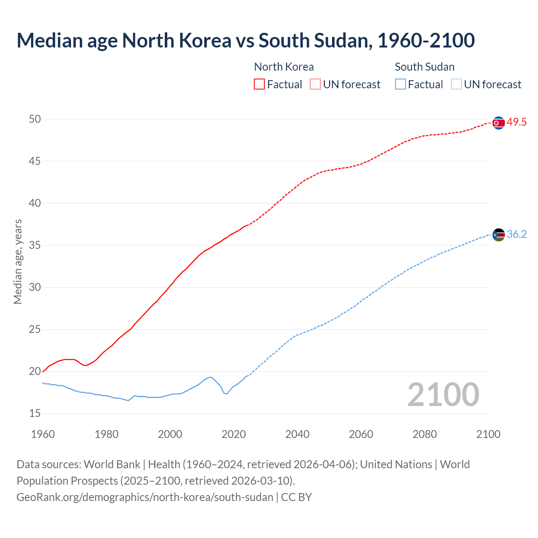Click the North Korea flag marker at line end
(498, 123)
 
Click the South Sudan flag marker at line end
(498, 235)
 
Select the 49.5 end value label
(517, 122)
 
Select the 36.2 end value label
(517, 235)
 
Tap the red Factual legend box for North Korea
(259, 84)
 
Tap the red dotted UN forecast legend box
(315, 84)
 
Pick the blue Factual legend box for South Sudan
(401, 84)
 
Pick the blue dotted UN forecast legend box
(456, 84)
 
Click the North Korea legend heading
(284, 67)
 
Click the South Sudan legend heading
(425, 67)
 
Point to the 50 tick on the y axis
(35, 119)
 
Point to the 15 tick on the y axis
(35, 414)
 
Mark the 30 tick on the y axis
(35, 287)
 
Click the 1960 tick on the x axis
(43, 434)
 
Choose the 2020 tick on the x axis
(234, 434)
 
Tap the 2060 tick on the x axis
(361, 434)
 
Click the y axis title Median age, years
(18, 261)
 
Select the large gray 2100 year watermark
(443, 394)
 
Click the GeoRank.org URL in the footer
(145, 497)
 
